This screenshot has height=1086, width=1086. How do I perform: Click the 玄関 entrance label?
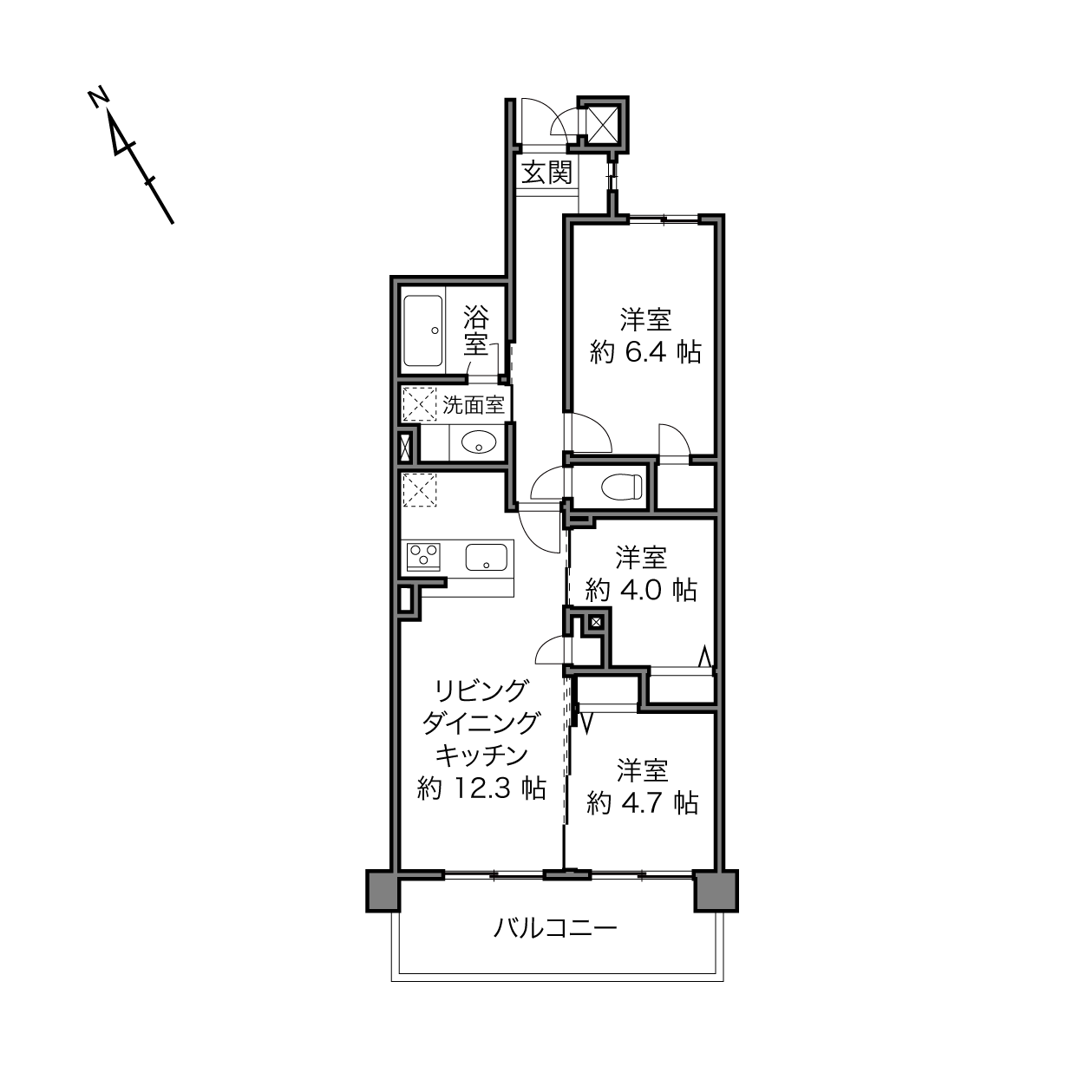546,172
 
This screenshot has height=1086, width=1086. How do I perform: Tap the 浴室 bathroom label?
475,330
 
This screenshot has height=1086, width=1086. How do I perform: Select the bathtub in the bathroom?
422,330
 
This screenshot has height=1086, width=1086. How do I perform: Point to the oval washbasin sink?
479,442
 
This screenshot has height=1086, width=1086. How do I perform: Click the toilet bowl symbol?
622,486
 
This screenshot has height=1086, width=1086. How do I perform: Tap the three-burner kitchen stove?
423,556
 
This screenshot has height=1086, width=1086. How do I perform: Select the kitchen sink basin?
486,557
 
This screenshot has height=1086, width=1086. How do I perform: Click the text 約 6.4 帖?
645,353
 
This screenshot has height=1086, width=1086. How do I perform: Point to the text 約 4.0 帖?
641,590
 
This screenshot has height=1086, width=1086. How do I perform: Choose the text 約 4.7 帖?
643,803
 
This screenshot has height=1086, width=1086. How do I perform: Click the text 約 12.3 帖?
481,788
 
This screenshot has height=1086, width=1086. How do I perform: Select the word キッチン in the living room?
481,756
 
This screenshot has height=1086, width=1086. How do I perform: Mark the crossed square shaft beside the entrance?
603,123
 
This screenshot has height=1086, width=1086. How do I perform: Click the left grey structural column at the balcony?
383,891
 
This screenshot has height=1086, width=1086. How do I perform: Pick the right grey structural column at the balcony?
715,891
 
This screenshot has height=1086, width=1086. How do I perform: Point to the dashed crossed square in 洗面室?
419,403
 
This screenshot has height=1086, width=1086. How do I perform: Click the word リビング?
481,691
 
